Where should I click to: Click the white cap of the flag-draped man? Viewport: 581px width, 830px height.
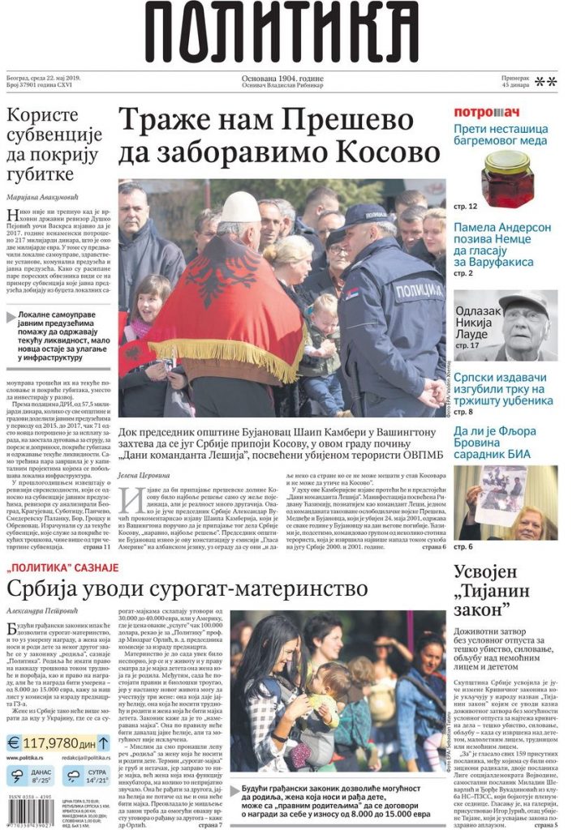pyautogui.click(x=218, y=209)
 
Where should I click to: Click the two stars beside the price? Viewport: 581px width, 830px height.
pyautogui.click(x=545, y=82)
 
